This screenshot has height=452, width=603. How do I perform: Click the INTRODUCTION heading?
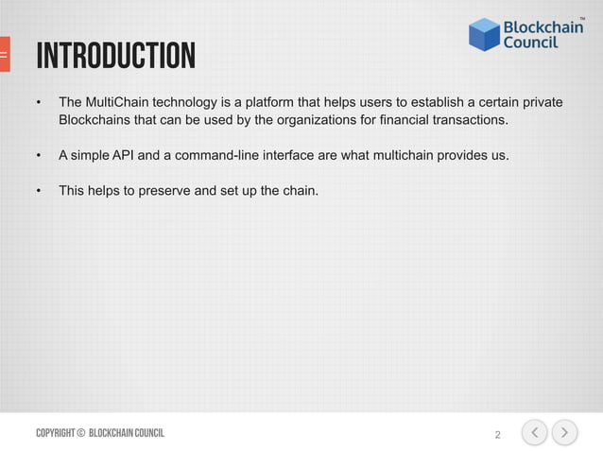point(115,57)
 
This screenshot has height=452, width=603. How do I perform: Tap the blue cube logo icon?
point(484,35)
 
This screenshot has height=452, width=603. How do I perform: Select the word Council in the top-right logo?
point(529,43)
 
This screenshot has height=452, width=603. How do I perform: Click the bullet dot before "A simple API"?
point(39,155)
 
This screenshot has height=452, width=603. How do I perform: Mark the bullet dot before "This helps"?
point(39,190)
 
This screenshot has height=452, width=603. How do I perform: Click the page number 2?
point(498,435)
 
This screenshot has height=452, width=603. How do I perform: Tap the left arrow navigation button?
point(534,433)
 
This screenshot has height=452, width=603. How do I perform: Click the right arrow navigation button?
point(565,433)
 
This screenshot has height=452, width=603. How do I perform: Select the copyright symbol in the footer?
point(80,433)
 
